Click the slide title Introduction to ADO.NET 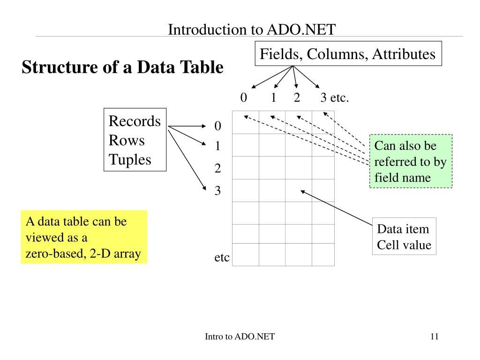pos(252,30)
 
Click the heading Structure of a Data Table pos(122,67)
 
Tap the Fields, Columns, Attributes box pos(347,54)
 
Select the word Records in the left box pos(135,121)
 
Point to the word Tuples pos(130,160)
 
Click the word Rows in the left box pos(127,141)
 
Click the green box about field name pos(411,161)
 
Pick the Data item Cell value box pos(404,236)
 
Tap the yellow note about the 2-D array pos(83,237)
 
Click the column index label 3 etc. pos(335,98)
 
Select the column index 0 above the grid pos(243,98)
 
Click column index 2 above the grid pos(297,98)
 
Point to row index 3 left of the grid pos(217,191)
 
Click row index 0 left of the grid pos(217,126)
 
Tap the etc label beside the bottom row pos(222,257)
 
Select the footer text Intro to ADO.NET pos(240,336)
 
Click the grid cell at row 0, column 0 pos(246,122)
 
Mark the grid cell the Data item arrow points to pos(298,190)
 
